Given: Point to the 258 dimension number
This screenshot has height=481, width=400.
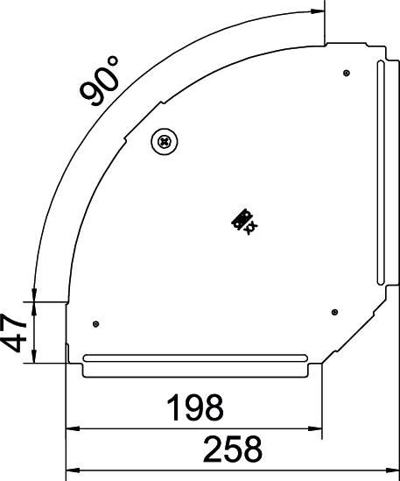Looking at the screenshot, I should coord(232,449).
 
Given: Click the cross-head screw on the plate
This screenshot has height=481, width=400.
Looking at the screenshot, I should coord(164,141).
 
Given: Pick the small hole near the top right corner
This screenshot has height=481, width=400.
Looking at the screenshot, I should coord(347,71).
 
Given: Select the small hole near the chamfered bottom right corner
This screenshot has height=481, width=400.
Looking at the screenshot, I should coord(333,310).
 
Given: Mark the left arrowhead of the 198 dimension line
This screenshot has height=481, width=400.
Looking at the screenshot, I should coord(72,428).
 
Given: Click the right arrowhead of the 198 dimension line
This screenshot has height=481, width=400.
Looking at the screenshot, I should coord(318,428).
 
